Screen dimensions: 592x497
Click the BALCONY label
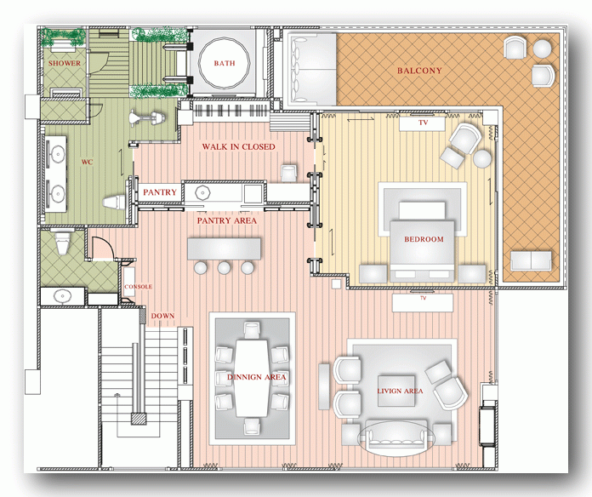419,71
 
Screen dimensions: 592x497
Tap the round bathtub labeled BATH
225,63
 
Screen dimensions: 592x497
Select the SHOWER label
64,63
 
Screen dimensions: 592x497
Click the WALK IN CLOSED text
238,146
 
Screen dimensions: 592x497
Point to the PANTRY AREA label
226,220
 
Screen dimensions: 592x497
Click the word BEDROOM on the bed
424,239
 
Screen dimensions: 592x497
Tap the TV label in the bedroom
423,123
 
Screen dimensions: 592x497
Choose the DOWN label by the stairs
162,316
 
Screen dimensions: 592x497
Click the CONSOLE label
138,287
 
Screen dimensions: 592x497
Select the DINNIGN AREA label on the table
256,377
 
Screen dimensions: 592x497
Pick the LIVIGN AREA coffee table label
400,391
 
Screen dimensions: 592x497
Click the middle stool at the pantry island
224,268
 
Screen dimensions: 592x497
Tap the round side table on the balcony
542,49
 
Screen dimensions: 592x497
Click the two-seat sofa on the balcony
531,260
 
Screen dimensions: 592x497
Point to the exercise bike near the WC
146,117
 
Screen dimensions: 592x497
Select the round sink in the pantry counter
202,192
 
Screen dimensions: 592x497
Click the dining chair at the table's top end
252,329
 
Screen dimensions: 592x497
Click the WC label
87,162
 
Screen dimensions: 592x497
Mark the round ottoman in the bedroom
482,158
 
